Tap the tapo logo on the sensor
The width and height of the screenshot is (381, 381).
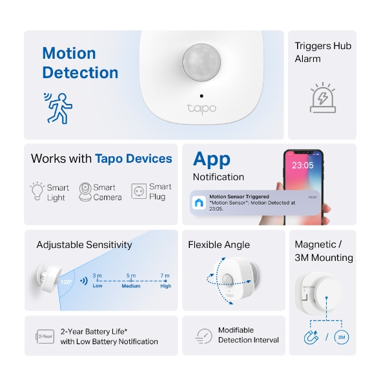click(x=201, y=108)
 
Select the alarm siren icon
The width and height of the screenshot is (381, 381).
click(x=322, y=98)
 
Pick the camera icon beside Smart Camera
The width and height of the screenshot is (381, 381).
click(x=85, y=192)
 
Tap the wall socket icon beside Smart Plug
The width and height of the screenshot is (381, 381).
click(x=138, y=191)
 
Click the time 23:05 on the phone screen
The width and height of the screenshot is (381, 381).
click(x=302, y=165)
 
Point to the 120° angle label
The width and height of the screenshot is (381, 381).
click(x=65, y=282)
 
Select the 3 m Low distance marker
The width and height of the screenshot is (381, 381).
click(x=97, y=280)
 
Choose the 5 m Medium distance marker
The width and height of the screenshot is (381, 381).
click(x=131, y=280)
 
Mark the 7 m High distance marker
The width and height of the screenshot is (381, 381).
click(x=165, y=280)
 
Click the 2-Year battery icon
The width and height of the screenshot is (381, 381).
click(x=45, y=336)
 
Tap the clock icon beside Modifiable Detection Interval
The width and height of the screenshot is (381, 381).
click(x=203, y=336)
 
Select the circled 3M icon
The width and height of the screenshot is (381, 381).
click(x=342, y=337)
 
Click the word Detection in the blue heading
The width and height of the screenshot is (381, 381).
click(x=80, y=73)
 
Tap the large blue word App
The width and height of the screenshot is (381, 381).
click(x=211, y=159)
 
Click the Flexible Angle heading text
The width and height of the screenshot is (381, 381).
click(x=218, y=245)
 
